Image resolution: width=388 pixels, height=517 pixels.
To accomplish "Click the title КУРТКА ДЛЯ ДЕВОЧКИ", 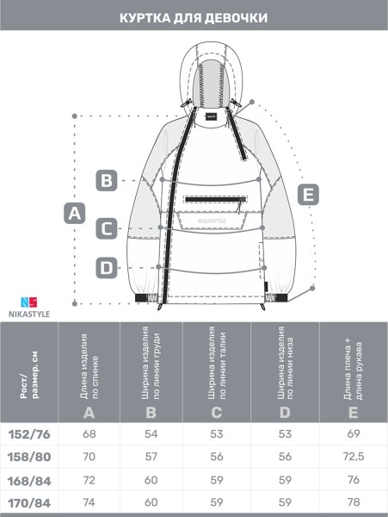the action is point(194,18).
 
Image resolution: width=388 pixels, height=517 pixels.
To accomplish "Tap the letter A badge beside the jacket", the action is point(74,214).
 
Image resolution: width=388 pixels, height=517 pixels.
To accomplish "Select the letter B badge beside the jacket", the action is point(107,180).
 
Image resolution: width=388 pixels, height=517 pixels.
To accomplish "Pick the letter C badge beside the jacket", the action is point(107,228).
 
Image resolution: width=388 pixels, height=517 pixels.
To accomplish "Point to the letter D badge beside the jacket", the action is point(107,268).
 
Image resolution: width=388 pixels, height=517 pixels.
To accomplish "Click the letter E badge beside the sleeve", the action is point(308,194).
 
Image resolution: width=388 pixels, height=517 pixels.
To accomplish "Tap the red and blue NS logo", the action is point(29,302).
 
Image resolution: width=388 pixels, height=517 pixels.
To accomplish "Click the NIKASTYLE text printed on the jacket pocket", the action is point(212,221).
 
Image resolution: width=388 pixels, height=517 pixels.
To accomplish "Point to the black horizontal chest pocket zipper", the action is point(216,199).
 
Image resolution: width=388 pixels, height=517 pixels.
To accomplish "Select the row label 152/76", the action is point(29,434).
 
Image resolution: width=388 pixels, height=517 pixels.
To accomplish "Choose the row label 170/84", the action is point(29,503).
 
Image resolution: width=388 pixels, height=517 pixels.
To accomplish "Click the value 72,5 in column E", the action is point(353,457).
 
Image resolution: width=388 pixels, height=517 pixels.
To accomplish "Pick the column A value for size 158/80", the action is point(89,457).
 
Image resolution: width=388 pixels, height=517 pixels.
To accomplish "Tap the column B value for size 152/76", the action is point(151,434).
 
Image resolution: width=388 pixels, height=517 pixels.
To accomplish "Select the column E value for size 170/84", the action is point(353,502).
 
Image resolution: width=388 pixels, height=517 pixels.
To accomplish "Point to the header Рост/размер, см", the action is point(29,376).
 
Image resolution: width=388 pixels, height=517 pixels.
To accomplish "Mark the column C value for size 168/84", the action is point(217,480).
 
